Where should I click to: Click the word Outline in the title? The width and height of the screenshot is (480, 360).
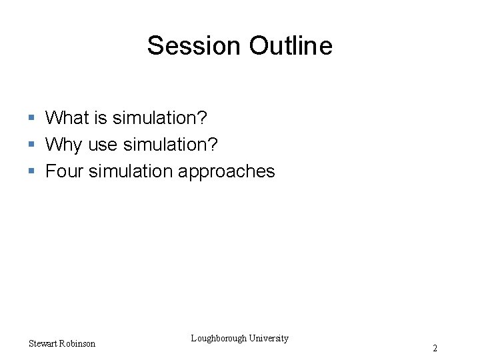pos(291,46)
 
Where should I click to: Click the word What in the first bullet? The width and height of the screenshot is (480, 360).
pos(67,118)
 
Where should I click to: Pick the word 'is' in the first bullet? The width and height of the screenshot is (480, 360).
pos(101,118)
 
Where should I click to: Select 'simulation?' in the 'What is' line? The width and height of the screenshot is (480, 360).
pos(160,118)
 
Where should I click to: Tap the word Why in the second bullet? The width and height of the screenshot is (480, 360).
pos(63,145)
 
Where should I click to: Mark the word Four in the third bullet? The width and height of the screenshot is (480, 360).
pos(65,171)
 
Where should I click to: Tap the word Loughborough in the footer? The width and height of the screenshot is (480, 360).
pos(219,338)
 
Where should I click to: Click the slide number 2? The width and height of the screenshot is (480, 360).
pos(435,348)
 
